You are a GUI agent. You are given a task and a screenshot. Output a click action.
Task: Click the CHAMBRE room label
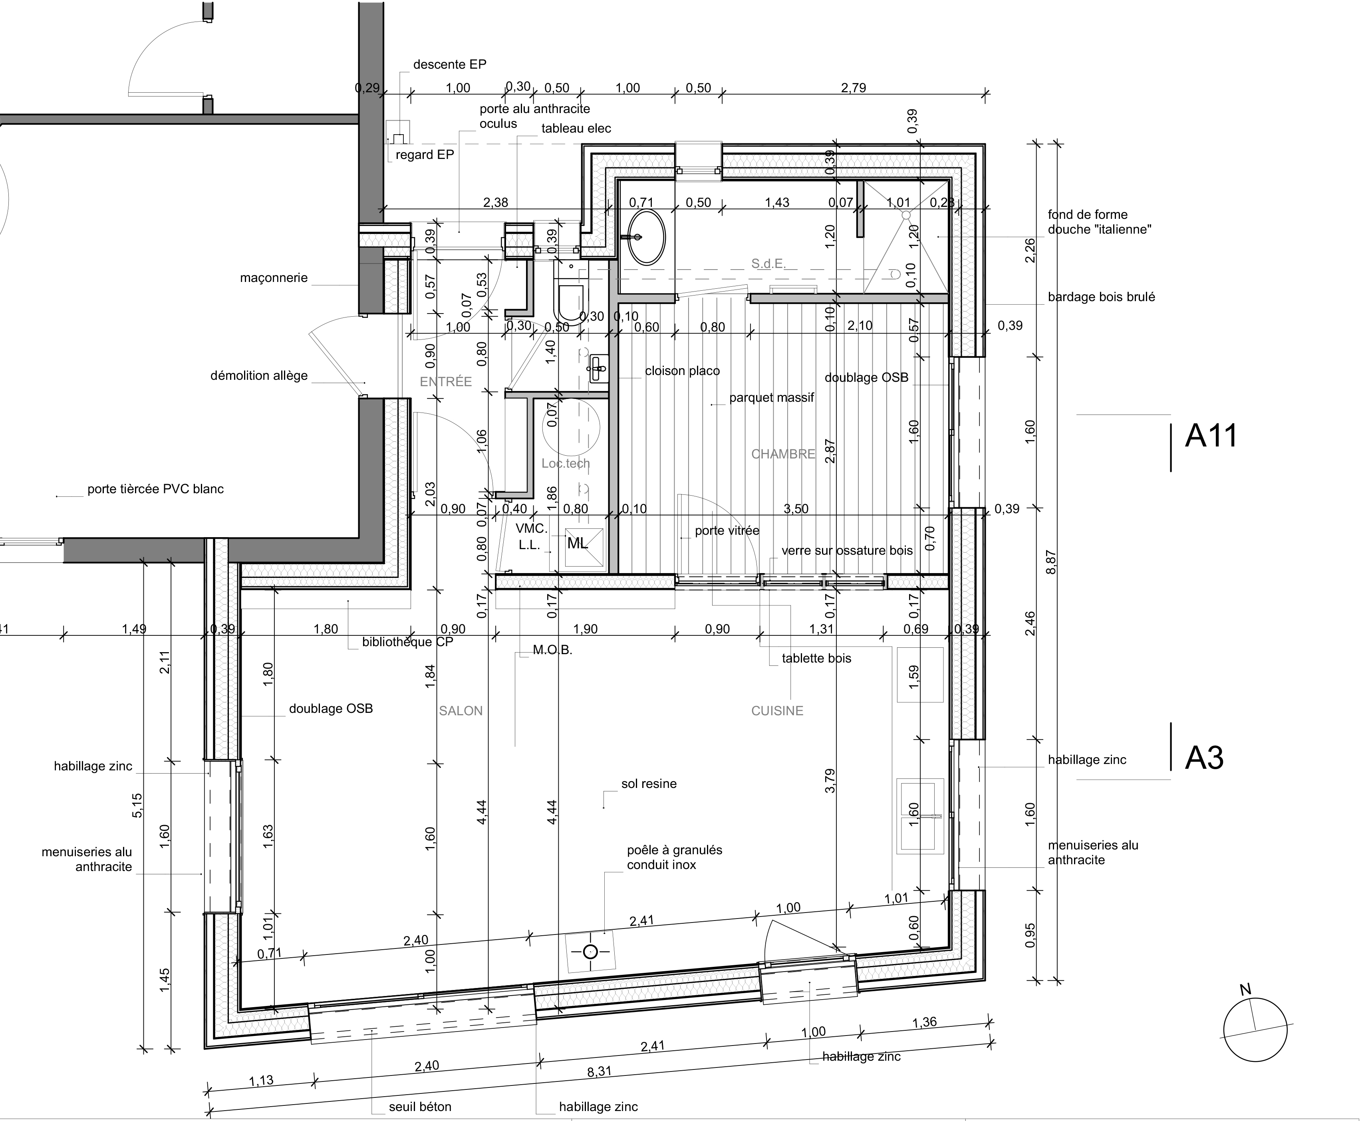(783, 454)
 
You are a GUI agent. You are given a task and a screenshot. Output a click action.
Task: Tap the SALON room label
(461, 711)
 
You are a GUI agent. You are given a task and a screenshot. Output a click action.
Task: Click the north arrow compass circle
(1255, 1030)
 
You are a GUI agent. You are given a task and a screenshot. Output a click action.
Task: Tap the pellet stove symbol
(590, 952)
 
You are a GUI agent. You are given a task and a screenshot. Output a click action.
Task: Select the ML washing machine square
(585, 548)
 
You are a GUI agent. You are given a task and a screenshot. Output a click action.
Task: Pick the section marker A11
(1211, 436)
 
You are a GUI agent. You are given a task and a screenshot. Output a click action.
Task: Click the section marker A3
(1204, 758)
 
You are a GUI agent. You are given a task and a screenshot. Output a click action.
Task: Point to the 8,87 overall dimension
(1051, 562)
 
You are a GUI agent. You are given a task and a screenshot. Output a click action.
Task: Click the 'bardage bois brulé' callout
(1102, 297)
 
